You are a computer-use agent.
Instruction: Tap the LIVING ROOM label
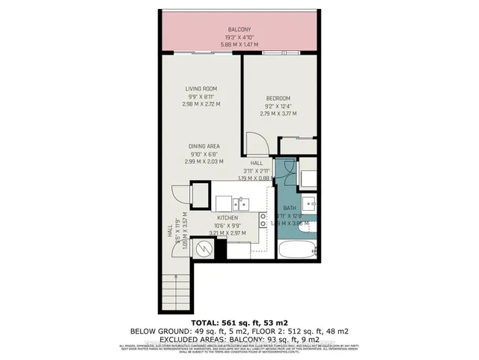[201, 89]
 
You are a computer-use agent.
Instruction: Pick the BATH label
[290, 208]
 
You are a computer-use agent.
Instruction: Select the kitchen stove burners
[263, 219]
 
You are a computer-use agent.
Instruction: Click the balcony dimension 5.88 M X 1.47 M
[239, 44]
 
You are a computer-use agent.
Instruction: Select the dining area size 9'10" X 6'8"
[201, 154]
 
